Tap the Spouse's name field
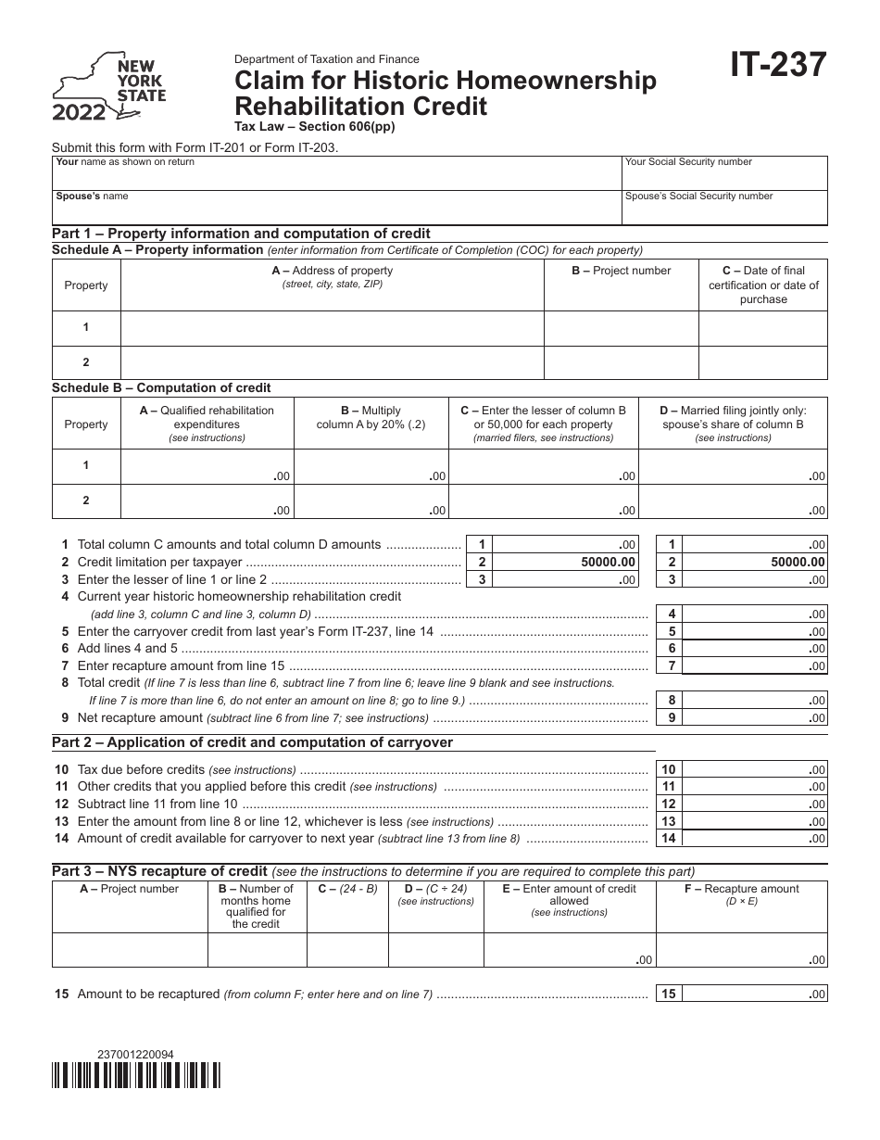click(335, 207)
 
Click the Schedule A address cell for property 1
click(332, 328)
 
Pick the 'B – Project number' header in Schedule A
click(620, 271)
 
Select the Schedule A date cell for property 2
click(762, 362)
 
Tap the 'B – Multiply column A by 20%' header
click(371, 417)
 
